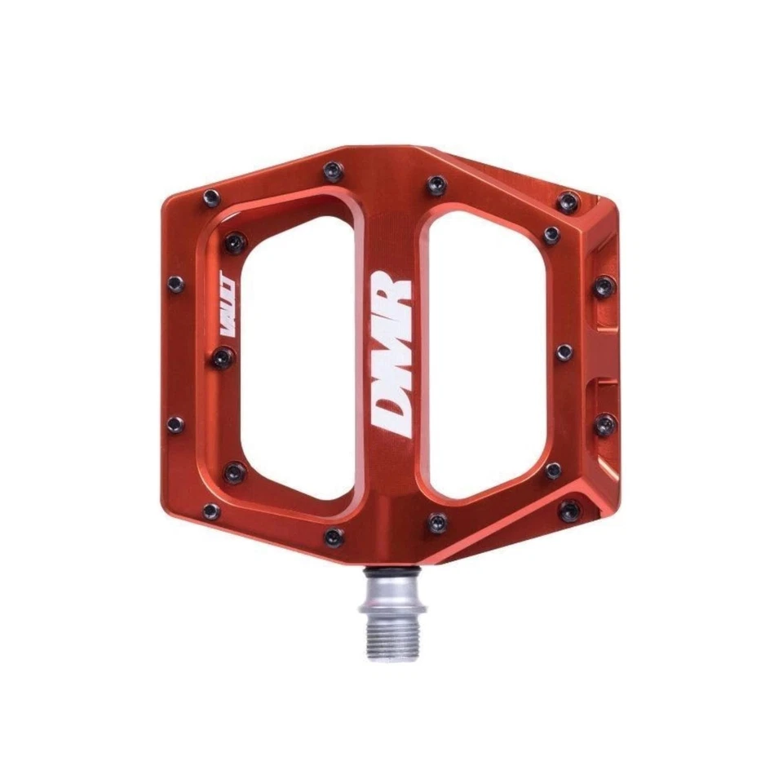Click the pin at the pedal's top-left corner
tap(211, 197)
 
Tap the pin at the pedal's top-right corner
tap(568, 201)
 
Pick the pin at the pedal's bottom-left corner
tap(211, 511)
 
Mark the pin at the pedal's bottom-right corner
tap(568, 511)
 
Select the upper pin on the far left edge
tap(175, 284)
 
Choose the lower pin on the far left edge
tap(175, 424)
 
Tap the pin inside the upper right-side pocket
tap(604, 286)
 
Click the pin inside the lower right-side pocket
tap(604, 424)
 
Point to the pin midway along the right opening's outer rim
tap(564, 352)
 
